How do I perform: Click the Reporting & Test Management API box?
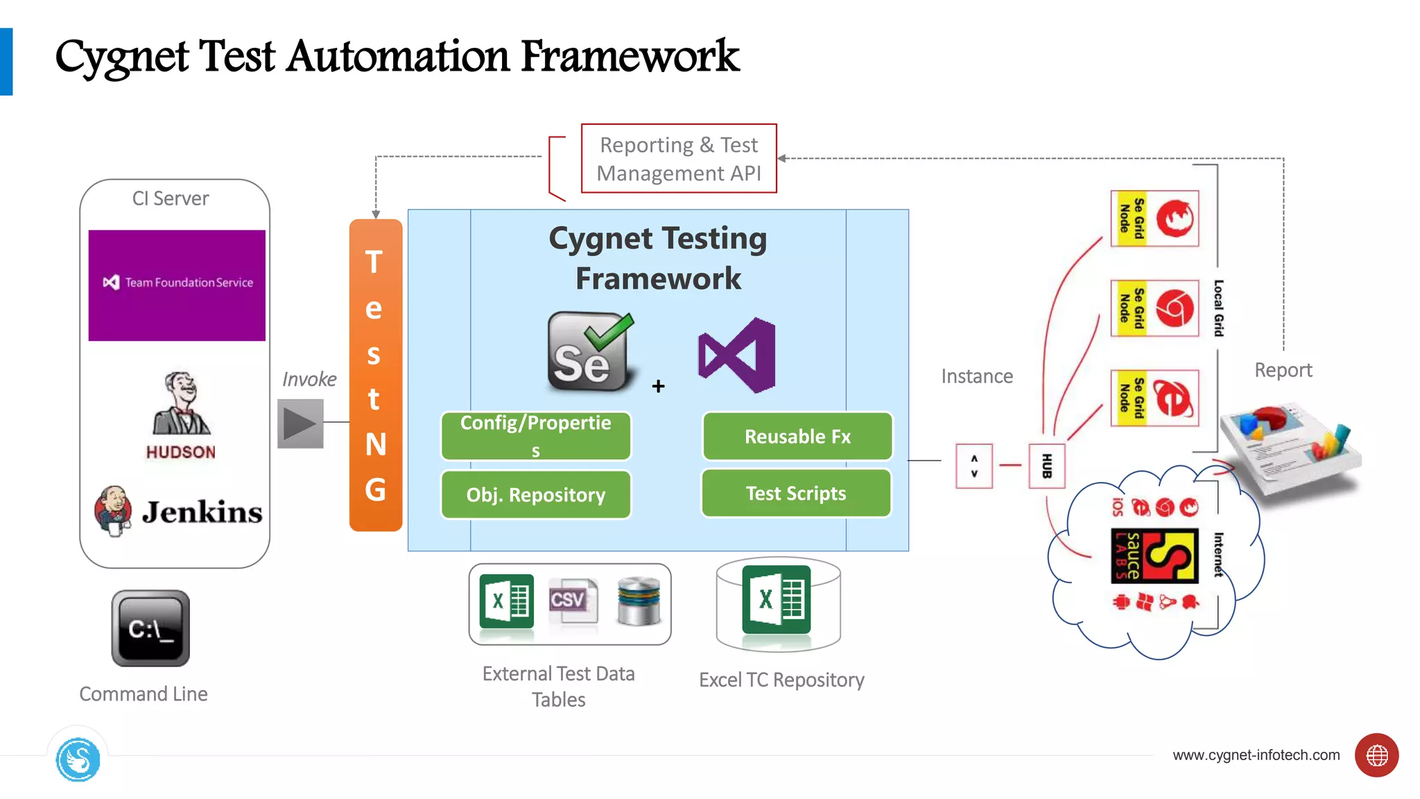click(x=678, y=158)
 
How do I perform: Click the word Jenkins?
click(x=202, y=513)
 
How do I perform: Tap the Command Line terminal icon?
click(x=150, y=628)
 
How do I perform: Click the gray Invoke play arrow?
click(x=300, y=424)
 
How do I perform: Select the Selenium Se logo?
click(x=589, y=352)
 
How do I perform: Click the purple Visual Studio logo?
click(x=738, y=355)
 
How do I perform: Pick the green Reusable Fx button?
click(x=797, y=436)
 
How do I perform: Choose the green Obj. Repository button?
click(x=535, y=495)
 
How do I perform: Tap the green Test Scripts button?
click(x=796, y=493)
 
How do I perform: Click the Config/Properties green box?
click(x=535, y=436)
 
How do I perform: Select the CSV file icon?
click(x=571, y=600)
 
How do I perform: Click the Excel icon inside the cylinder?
click(x=777, y=600)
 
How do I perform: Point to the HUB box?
click(x=1046, y=465)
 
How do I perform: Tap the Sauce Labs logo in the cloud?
click(x=1154, y=556)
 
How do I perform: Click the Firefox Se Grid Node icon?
click(x=1175, y=218)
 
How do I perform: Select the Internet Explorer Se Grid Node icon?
click(x=1175, y=398)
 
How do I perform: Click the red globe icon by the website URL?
click(x=1376, y=755)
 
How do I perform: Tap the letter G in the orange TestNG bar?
click(x=375, y=490)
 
